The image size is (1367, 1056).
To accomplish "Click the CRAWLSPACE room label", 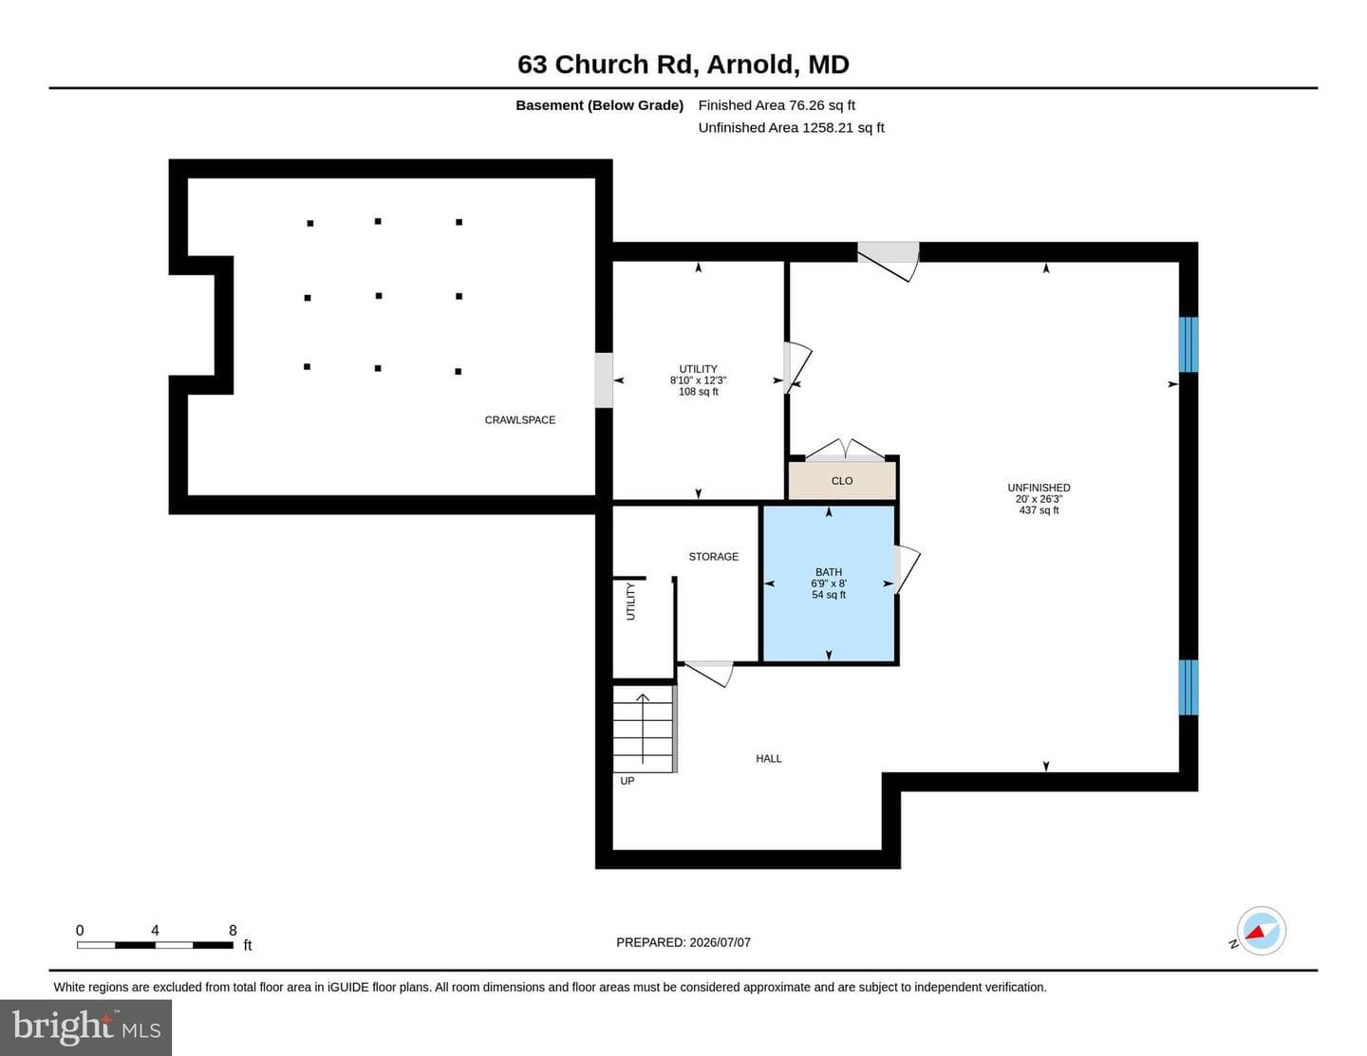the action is point(519,420).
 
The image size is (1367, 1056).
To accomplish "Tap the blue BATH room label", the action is point(829,572).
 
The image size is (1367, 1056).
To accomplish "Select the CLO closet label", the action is point(842,481).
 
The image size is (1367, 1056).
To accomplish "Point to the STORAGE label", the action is point(713,556).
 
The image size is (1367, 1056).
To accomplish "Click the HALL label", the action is point(769,759).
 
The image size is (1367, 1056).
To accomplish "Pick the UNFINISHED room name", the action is point(1039,488).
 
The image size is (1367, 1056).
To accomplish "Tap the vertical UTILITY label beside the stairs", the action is point(630,602).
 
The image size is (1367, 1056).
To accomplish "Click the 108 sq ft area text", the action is point(699,392).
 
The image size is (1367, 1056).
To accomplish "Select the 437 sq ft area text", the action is point(1039,510).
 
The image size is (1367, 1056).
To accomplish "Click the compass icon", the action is point(1261,930).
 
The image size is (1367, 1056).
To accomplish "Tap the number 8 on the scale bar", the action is point(233,930).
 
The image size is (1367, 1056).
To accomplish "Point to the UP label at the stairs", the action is point(627,781).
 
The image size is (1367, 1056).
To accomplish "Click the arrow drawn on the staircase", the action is point(643,728).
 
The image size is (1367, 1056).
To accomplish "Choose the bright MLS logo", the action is point(86,1027).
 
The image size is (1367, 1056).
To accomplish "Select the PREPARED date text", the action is point(683,942).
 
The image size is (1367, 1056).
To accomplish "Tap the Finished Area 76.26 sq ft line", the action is point(777,105).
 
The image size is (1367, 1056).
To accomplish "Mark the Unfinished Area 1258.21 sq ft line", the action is point(791,127).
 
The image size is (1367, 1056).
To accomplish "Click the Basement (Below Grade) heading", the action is point(599,105).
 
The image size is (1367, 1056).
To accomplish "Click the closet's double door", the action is point(845,451).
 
